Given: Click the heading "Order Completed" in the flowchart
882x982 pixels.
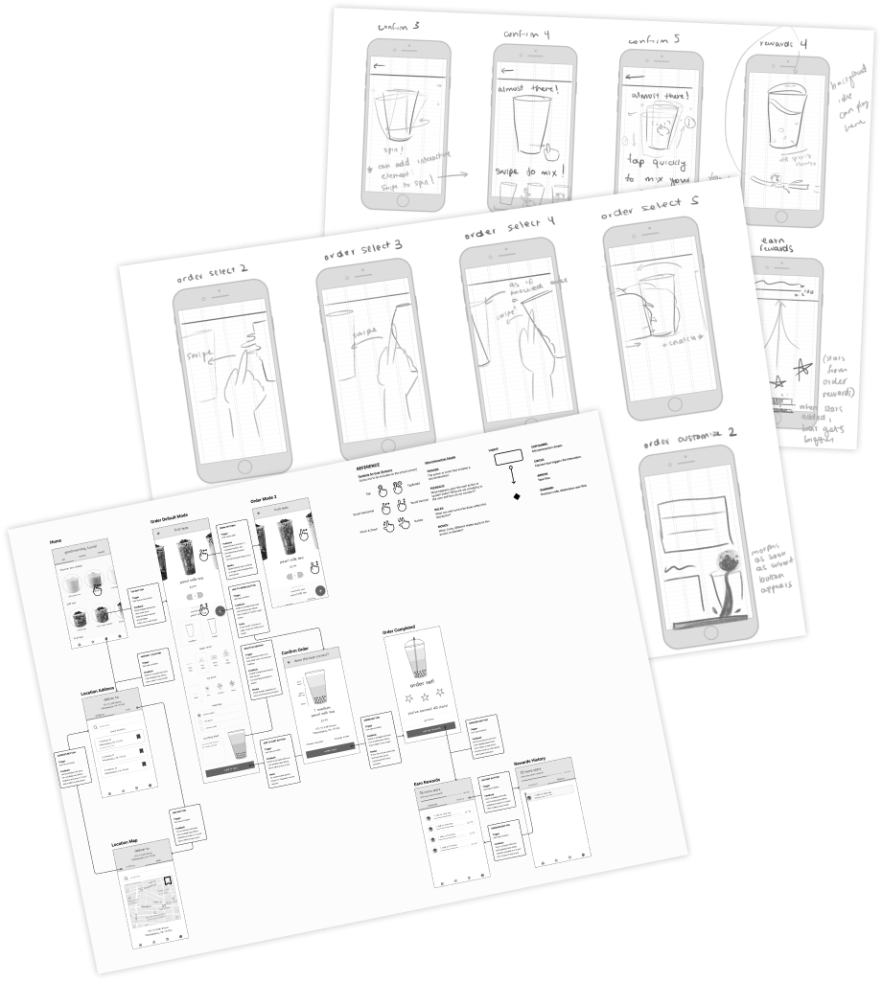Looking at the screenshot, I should [x=402, y=630].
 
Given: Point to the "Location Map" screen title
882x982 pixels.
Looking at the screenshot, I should [x=126, y=842].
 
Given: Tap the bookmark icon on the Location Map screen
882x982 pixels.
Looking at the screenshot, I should [x=168, y=879].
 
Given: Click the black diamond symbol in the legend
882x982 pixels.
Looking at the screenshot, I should [x=517, y=496].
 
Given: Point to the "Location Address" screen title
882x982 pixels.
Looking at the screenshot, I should [x=99, y=691].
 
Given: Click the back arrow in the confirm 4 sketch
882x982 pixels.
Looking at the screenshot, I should [x=507, y=70].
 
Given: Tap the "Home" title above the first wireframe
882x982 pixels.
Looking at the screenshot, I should [x=56, y=542].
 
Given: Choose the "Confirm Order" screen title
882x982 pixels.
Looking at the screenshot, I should [x=298, y=650].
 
